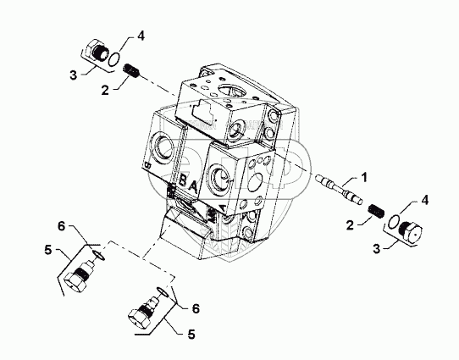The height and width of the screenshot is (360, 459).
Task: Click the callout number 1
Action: coord(363,177)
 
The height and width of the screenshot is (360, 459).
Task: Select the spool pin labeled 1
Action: coord(339,189)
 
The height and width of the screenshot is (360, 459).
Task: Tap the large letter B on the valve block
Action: coord(182,180)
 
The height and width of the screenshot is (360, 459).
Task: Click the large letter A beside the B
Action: coord(193,186)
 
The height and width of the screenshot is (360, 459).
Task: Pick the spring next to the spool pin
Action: coord(376,211)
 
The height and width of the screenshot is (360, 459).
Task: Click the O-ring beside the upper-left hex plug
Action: coord(113,58)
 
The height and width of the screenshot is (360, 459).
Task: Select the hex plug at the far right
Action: coord(412,230)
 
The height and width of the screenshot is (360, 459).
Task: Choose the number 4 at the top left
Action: coord(141,36)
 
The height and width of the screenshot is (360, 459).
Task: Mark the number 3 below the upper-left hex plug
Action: coord(73,75)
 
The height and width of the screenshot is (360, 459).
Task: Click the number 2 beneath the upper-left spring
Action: coord(105,90)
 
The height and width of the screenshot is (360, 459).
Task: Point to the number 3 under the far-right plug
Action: coord(377,249)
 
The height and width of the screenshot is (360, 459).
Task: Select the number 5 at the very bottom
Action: coord(191,335)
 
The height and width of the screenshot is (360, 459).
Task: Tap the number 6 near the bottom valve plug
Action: coord(196,308)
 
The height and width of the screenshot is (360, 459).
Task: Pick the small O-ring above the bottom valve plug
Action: coord(162,291)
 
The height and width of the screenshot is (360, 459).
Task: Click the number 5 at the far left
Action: coord(48,250)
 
